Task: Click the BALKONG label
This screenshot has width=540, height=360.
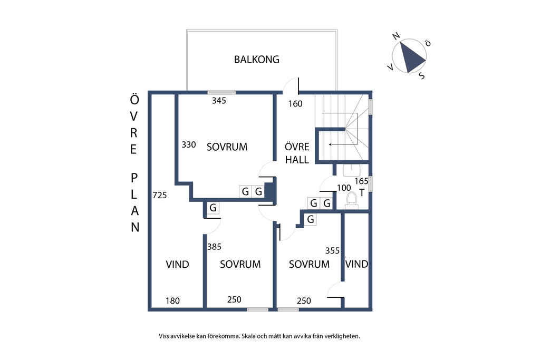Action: (x=256, y=60)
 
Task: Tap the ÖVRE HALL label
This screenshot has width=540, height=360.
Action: (x=297, y=153)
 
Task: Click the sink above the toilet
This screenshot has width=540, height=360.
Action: (x=351, y=170)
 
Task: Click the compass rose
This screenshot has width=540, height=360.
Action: (x=411, y=57)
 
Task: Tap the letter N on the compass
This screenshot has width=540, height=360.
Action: (x=396, y=36)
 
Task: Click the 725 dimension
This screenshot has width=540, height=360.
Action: (x=159, y=196)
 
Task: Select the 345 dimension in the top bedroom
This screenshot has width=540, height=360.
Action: (x=218, y=101)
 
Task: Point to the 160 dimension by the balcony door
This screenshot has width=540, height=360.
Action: (x=295, y=104)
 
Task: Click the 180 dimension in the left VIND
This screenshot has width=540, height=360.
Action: (x=172, y=301)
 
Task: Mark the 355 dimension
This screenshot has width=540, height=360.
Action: (x=333, y=251)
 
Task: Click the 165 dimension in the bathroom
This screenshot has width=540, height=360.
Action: (x=361, y=181)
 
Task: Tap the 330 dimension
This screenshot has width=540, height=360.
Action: (x=189, y=144)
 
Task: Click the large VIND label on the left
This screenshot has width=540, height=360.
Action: (x=177, y=265)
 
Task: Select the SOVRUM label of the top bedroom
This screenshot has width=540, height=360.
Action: (x=227, y=147)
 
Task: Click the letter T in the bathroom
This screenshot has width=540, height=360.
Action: (x=362, y=192)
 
